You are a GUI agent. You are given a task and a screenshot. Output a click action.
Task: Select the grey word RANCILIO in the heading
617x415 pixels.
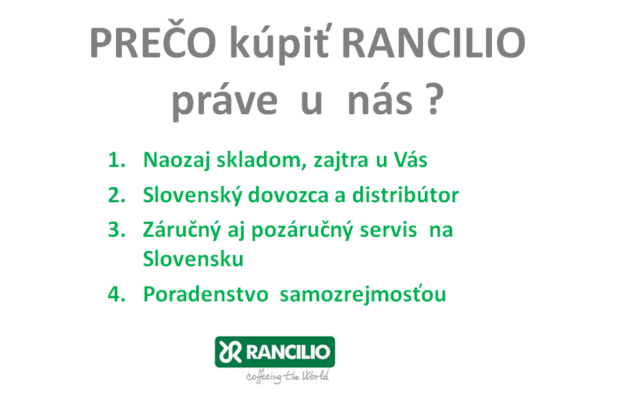point(434,42)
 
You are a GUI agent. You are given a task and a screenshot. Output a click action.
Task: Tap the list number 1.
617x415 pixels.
point(117,160)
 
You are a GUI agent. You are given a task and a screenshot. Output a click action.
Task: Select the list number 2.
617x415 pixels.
point(117,194)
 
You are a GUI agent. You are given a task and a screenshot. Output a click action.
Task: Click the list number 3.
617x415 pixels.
point(117,230)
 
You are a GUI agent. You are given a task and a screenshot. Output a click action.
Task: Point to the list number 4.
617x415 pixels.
point(117,294)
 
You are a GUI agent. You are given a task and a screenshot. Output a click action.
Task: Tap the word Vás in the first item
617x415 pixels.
point(410,159)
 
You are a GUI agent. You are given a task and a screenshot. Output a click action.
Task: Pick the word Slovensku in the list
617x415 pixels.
point(194,258)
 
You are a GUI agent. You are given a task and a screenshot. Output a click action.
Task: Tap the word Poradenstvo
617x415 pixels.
point(206,294)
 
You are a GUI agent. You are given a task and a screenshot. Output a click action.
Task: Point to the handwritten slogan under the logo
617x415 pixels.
point(287,377)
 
